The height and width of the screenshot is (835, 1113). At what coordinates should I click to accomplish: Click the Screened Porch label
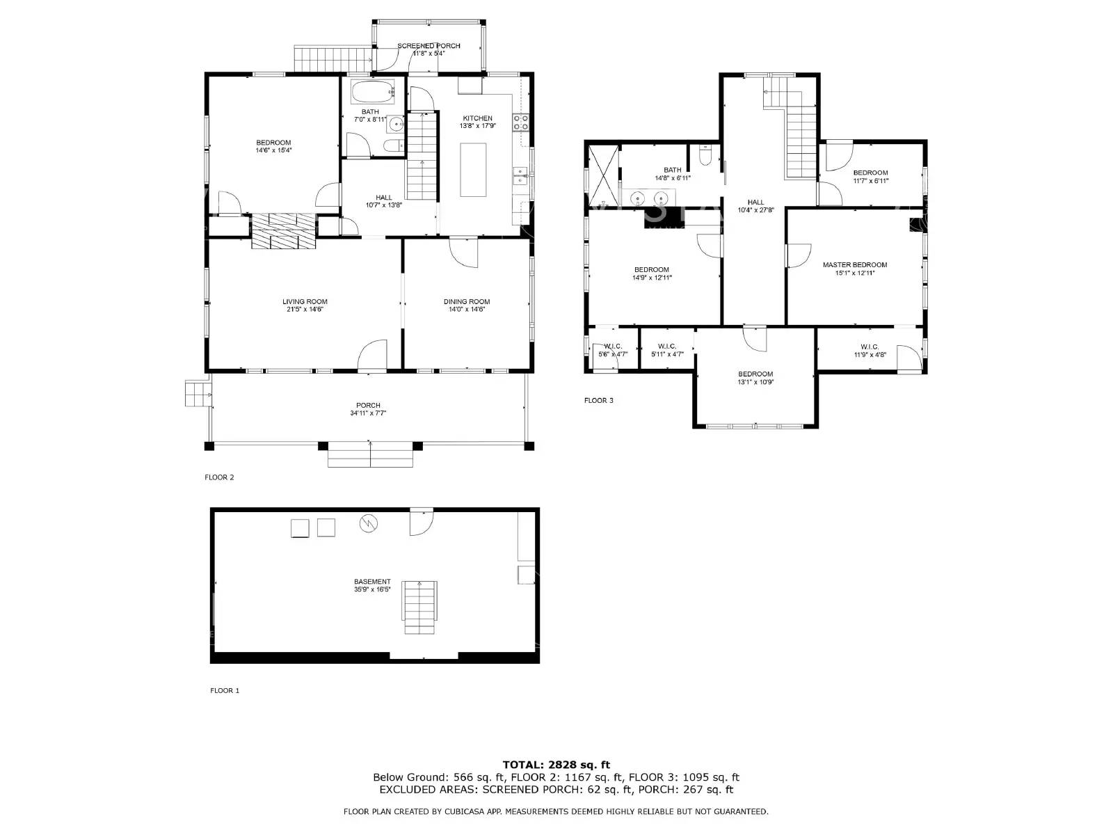pyautogui.click(x=429, y=46)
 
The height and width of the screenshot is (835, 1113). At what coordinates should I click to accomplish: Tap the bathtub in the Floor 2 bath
pyautogui.click(x=372, y=91)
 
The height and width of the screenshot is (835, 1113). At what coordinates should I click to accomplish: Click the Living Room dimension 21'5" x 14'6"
pyautogui.click(x=305, y=309)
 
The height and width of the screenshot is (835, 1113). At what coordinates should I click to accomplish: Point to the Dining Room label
pyautogui.click(x=467, y=301)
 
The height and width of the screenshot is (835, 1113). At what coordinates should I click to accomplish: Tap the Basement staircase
pyautogui.click(x=420, y=607)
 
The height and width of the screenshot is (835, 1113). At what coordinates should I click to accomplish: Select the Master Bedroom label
pyautogui.click(x=855, y=264)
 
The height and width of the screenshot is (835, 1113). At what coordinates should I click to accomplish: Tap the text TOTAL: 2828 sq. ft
pyautogui.click(x=556, y=765)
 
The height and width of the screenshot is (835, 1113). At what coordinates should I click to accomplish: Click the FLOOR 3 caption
pyautogui.click(x=598, y=400)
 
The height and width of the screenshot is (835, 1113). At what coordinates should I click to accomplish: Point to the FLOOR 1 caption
pyautogui.click(x=225, y=690)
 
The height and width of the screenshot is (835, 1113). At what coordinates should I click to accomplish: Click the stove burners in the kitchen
pyautogui.click(x=520, y=123)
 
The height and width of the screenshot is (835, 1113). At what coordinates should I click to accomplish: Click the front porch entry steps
pyautogui.click(x=371, y=458)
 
